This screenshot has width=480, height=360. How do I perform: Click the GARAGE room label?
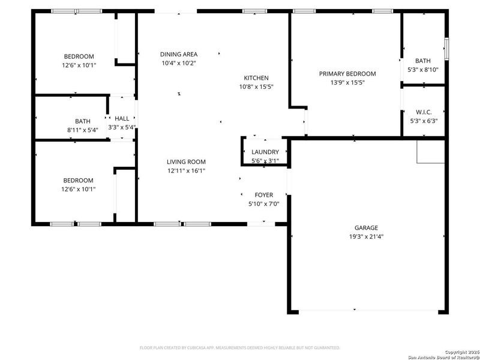point(365,227)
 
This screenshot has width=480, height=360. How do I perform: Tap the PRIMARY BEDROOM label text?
point(347,74)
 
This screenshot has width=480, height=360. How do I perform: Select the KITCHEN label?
point(256,78)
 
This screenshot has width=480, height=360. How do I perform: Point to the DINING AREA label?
point(178,55)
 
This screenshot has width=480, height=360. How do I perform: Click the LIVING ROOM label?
point(186,162)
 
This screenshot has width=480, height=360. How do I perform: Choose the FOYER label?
point(263,195)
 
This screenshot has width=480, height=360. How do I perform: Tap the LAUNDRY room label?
point(265,152)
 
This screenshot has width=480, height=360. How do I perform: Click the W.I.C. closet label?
point(423,112)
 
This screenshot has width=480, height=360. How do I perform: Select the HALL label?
point(122,119)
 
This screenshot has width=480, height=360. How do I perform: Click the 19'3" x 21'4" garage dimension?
point(365,236)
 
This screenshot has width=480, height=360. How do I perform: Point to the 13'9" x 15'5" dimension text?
point(347,82)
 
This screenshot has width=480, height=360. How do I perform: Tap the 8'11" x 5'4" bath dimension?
point(82,129)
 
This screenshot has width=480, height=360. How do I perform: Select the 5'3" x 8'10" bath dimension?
point(423,69)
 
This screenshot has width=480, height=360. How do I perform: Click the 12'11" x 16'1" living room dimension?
point(186,170)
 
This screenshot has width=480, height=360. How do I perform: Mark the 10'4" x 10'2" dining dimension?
point(178,63)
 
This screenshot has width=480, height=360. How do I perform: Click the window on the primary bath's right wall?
point(446,47)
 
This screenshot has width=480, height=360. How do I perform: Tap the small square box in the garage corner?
point(431,152)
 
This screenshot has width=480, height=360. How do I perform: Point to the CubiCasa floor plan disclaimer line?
point(240,347)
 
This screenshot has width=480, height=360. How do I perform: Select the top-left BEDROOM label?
point(79,57)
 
